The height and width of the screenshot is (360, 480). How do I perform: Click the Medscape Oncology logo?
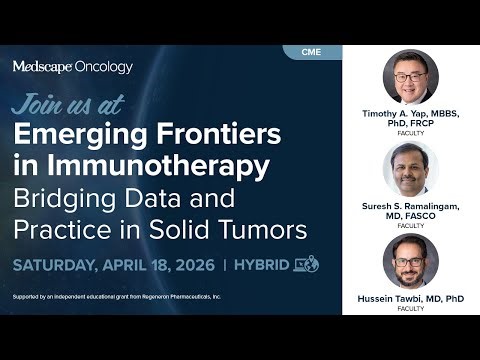(72, 67)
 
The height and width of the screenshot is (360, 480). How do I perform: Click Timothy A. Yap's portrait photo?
(411, 77)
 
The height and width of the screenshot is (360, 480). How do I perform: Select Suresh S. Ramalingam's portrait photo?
(411, 169)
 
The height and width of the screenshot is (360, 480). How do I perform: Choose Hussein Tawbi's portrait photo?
(411, 261)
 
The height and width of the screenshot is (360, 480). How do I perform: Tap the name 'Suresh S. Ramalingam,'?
(411, 206)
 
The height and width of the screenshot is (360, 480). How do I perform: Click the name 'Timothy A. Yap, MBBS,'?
(411, 114)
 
